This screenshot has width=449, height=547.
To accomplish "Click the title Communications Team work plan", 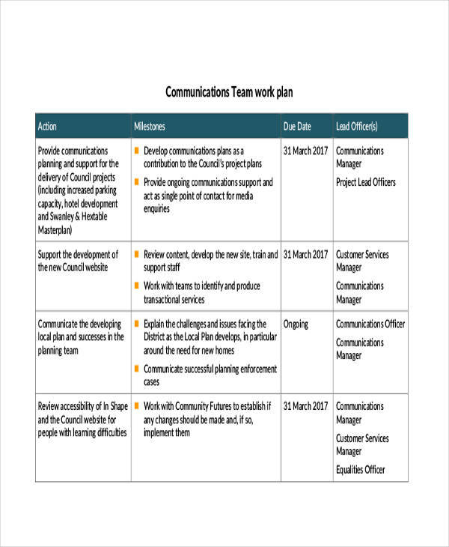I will tap(228, 93).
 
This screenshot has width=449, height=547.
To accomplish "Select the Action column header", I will tap(47, 126).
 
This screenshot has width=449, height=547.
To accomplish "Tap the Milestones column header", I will tap(150, 126).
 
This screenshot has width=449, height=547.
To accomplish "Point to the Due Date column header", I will tap(297, 126).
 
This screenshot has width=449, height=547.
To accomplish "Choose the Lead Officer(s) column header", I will tap(357, 126).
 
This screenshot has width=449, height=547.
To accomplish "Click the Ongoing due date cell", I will tap(296, 324).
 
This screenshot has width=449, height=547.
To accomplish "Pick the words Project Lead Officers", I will tap(366, 182).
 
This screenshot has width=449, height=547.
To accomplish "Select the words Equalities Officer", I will tap(361, 469).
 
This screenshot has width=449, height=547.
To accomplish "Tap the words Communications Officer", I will tap(370, 324).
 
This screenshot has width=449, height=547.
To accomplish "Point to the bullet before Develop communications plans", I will tap(136, 150).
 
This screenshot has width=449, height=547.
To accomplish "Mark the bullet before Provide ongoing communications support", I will tap(136, 181).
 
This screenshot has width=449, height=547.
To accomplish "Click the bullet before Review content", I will tap(136, 254).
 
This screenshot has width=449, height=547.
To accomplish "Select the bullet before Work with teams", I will tap(136, 285).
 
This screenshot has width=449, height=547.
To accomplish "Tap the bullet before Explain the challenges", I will tap(136, 324).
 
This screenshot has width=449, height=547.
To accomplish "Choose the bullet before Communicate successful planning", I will tap(136, 369).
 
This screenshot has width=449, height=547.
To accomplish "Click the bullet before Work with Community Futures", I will tap(136, 406).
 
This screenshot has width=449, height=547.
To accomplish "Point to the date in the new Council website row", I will tap(306, 254).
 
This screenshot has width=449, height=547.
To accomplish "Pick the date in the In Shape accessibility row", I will tap(306, 406).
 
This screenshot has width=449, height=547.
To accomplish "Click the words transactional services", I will tap(174, 299).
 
